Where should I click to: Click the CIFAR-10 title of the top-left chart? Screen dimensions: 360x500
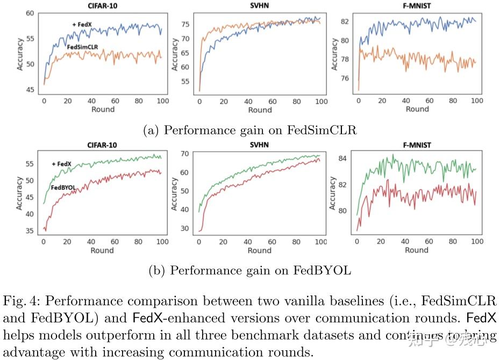pos(102,7)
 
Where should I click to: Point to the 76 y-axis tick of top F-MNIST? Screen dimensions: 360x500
pos(345,78)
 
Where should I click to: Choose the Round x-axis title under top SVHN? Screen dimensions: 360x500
pos(260,110)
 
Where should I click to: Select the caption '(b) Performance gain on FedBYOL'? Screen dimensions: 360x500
pos(249,270)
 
